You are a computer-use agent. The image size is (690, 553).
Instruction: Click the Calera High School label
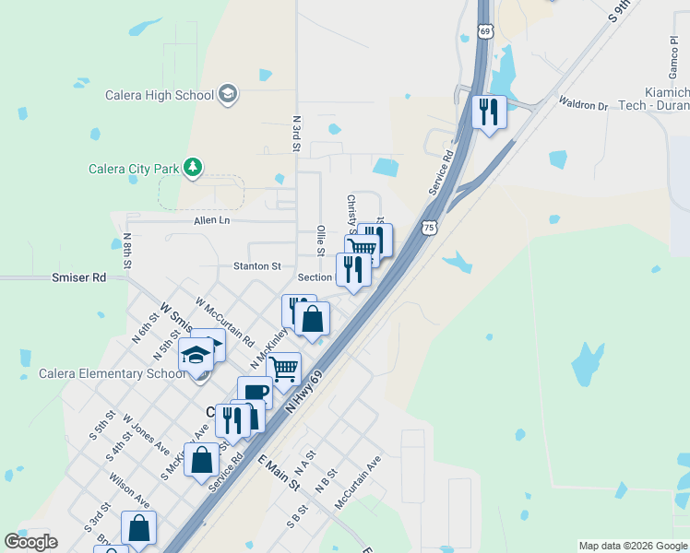161,95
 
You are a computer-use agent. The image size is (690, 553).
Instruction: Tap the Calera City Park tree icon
193,167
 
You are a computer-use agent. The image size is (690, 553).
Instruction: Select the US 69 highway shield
486,31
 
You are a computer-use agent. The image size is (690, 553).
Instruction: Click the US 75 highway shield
426,227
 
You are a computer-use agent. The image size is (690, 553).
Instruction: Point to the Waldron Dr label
583,104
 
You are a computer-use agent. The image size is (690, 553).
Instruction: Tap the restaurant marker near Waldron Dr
486,112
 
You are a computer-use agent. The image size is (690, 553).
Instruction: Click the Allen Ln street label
211,220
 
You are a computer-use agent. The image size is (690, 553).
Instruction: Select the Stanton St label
256,266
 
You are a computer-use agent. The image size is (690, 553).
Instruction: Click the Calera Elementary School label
104,373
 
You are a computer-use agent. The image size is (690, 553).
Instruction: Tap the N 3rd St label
296,134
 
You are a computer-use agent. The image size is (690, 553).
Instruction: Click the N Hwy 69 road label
307,392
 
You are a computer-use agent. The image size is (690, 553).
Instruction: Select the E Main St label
279,471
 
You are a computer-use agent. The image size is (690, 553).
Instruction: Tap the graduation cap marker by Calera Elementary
196,355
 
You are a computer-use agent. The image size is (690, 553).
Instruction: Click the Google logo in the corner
30,542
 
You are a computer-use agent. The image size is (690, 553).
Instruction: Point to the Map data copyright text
632,546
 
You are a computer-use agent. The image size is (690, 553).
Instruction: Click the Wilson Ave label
129,490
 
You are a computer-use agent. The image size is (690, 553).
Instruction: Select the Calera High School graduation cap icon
228,94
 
